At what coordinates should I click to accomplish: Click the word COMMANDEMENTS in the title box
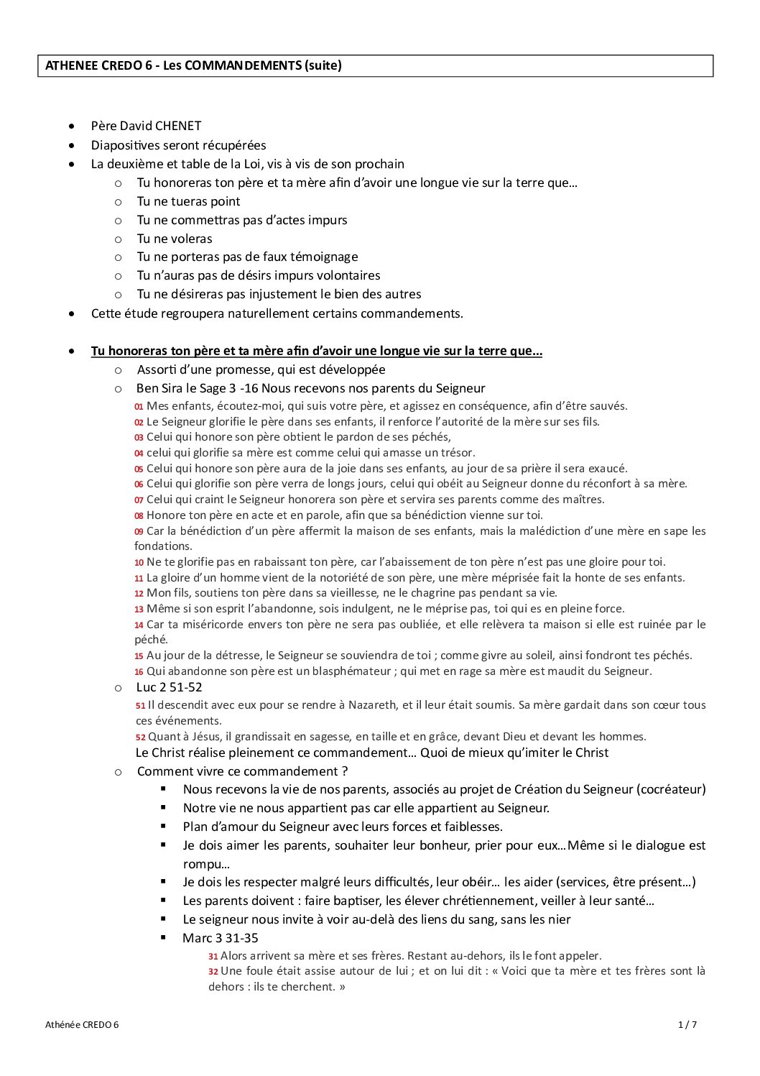pos(243,65)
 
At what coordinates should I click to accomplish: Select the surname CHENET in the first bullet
pos(178,126)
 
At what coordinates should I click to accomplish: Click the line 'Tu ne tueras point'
pos(188,201)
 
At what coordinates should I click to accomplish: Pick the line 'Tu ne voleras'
pos(175,239)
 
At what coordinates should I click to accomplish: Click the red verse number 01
pos(139,407)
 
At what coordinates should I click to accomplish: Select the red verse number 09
pos(139,532)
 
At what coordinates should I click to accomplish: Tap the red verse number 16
pos(139,672)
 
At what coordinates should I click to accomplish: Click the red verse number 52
pos(141,737)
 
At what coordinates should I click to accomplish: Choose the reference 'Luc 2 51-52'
pos(169,687)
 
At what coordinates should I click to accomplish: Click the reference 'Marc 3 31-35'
pos(220,938)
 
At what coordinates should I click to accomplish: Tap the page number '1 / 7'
pos(687,1025)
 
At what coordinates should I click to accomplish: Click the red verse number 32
pos(213,972)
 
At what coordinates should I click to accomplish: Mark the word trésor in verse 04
pos(455,453)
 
